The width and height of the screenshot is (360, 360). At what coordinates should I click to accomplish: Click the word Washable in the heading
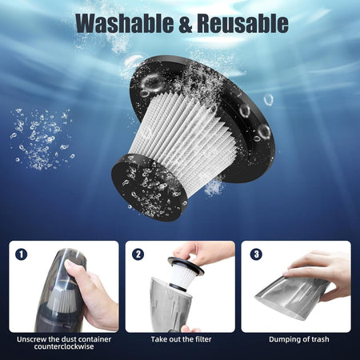[x=125, y=23]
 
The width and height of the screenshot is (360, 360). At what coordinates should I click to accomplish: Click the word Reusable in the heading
[x=242, y=23]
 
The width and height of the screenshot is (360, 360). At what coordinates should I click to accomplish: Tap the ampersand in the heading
[x=186, y=23]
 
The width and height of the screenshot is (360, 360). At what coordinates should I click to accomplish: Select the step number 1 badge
[x=22, y=254]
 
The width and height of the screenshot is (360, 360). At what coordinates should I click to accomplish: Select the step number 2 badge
[x=138, y=254]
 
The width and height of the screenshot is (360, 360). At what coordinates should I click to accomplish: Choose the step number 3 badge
[x=256, y=254]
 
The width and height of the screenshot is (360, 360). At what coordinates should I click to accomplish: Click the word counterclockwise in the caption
[x=64, y=346]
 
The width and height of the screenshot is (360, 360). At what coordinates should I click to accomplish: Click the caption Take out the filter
[x=181, y=339]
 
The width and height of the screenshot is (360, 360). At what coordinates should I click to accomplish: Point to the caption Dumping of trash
[x=299, y=339]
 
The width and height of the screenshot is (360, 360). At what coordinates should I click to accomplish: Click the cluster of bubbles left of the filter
[x=42, y=138]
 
